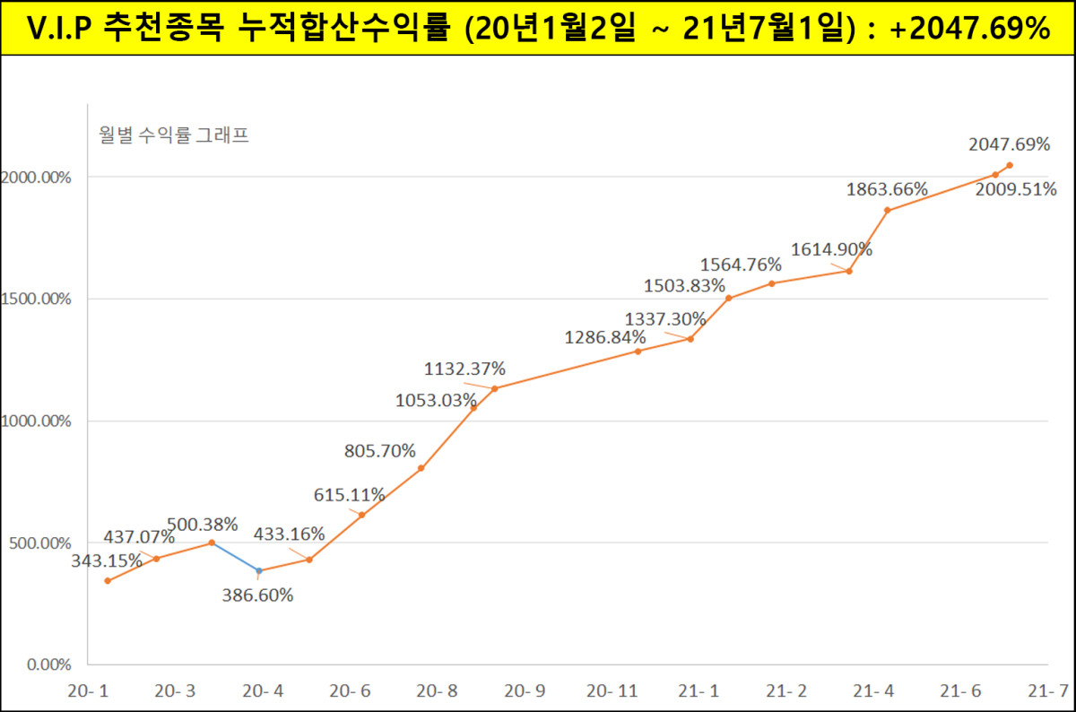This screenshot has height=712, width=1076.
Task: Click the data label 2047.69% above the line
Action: click(x=1009, y=143)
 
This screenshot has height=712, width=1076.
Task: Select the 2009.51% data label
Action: click(x=1016, y=189)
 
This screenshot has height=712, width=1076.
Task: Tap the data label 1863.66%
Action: click(x=887, y=189)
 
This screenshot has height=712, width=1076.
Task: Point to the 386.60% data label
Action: click(x=257, y=595)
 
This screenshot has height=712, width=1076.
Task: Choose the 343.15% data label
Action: click(x=108, y=560)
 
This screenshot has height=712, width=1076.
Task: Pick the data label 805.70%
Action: click(x=380, y=451)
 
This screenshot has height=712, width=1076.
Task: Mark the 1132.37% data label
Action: click(x=465, y=369)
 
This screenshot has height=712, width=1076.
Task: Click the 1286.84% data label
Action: click(x=605, y=338)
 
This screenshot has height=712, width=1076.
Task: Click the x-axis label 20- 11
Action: click(x=612, y=691)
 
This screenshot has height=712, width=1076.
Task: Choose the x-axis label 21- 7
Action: click(x=1050, y=691)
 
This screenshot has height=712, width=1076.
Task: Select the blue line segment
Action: click(x=235, y=557)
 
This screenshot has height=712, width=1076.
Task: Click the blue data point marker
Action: click(x=259, y=570)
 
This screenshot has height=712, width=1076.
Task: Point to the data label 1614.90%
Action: click(x=831, y=249)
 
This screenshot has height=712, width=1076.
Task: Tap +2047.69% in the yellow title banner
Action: click(x=970, y=28)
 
